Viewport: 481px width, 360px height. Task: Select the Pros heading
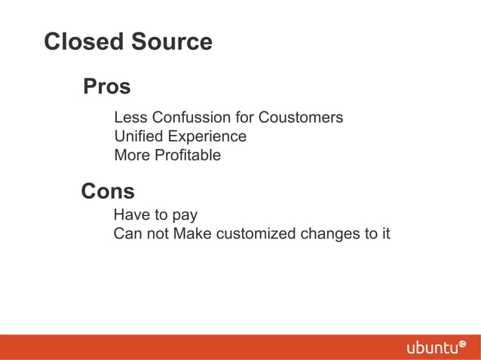click(x=107, y=87)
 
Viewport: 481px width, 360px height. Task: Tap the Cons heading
click(x=108, y=191)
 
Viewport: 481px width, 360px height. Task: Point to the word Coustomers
click(x=301, y=118)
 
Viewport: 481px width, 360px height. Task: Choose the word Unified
click(x=138, y=137)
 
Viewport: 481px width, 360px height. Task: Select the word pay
click(x=184, y=215)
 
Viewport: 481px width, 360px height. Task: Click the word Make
click(x=192, y=234)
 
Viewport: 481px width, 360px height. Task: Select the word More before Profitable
click(x=132, y=156)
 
